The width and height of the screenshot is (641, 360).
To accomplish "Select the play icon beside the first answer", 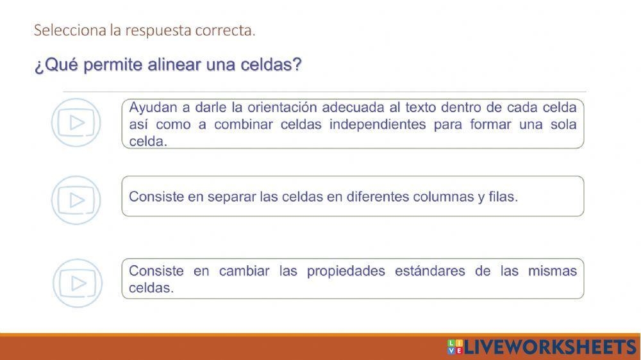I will [x=76, y=122].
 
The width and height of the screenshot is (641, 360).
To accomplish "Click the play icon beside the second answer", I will [x=76, y=200].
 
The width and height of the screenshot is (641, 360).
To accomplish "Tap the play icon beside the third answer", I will [x=77, y=283].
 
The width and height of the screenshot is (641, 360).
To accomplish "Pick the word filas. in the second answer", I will [x=503, y=197].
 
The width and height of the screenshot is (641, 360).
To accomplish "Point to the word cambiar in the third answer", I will [x=244, y=271].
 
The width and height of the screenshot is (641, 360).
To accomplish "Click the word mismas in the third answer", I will [x=553, y=271].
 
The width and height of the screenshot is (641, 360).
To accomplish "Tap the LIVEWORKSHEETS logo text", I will [x=549, y=347].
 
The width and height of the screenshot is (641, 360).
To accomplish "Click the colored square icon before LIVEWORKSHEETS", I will [x=454, y=347].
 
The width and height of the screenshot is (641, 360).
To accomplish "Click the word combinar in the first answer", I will [x=243, y=124].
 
